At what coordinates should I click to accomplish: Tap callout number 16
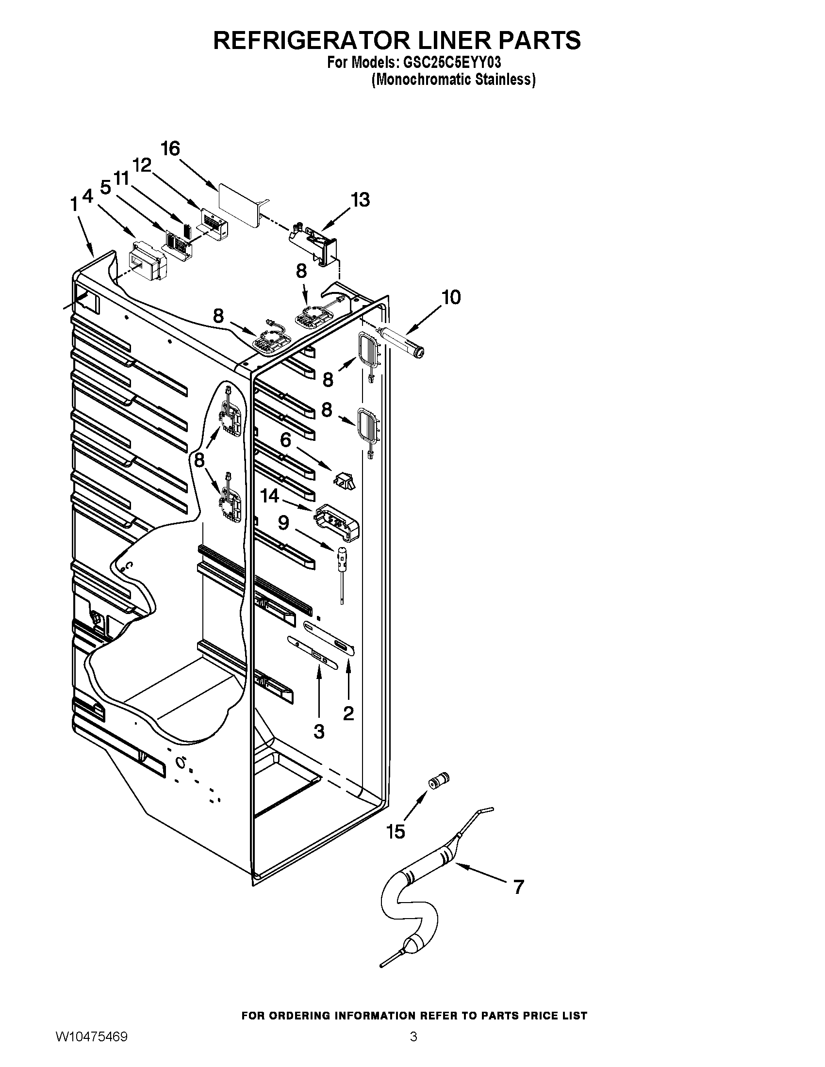coord(170,148)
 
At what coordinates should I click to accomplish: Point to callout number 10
coord(451,296)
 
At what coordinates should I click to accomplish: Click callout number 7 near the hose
coord(518,887)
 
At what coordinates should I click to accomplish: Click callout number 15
coord(396,831)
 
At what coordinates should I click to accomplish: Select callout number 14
coord(269,496)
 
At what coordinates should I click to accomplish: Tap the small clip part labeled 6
coord(345,479)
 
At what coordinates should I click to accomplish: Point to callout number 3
coord(319,731)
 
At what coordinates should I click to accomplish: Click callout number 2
coord(348,713)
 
